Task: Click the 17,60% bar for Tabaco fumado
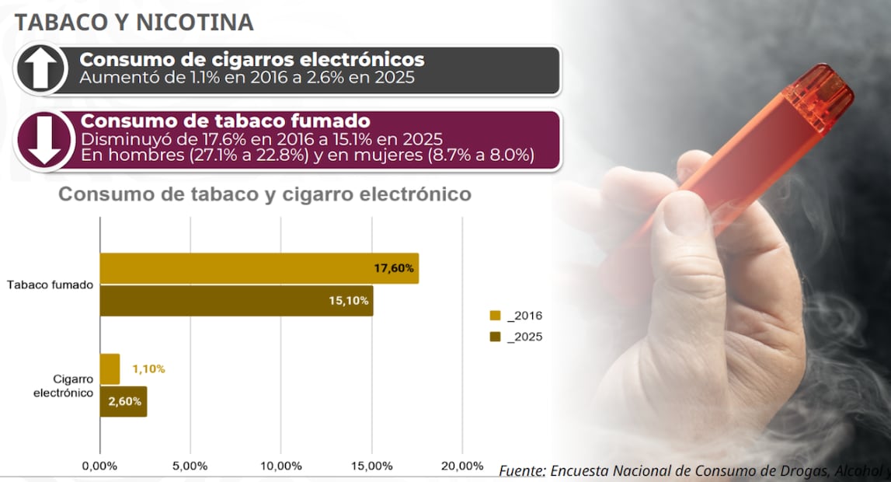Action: (259, 268)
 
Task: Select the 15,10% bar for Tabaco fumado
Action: (236, 301)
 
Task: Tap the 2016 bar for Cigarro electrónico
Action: (110, 368)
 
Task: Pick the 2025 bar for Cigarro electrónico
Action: (124, 401)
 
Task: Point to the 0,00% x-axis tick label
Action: (99, 466)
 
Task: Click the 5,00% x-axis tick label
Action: (190, 466)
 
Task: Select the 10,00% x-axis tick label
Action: (280, 466)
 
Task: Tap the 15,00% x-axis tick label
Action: (371, 466)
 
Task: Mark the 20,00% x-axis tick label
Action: (461, 466)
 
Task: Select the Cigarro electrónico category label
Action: (63, 386)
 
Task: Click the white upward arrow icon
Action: (40, 69)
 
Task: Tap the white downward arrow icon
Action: (40, 140)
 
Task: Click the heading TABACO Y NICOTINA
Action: (134, 23)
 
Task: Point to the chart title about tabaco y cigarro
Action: (265, 194)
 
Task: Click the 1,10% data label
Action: (148, 369)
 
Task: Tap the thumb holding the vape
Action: (687, 233)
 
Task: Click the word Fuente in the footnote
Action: (522, 471)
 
